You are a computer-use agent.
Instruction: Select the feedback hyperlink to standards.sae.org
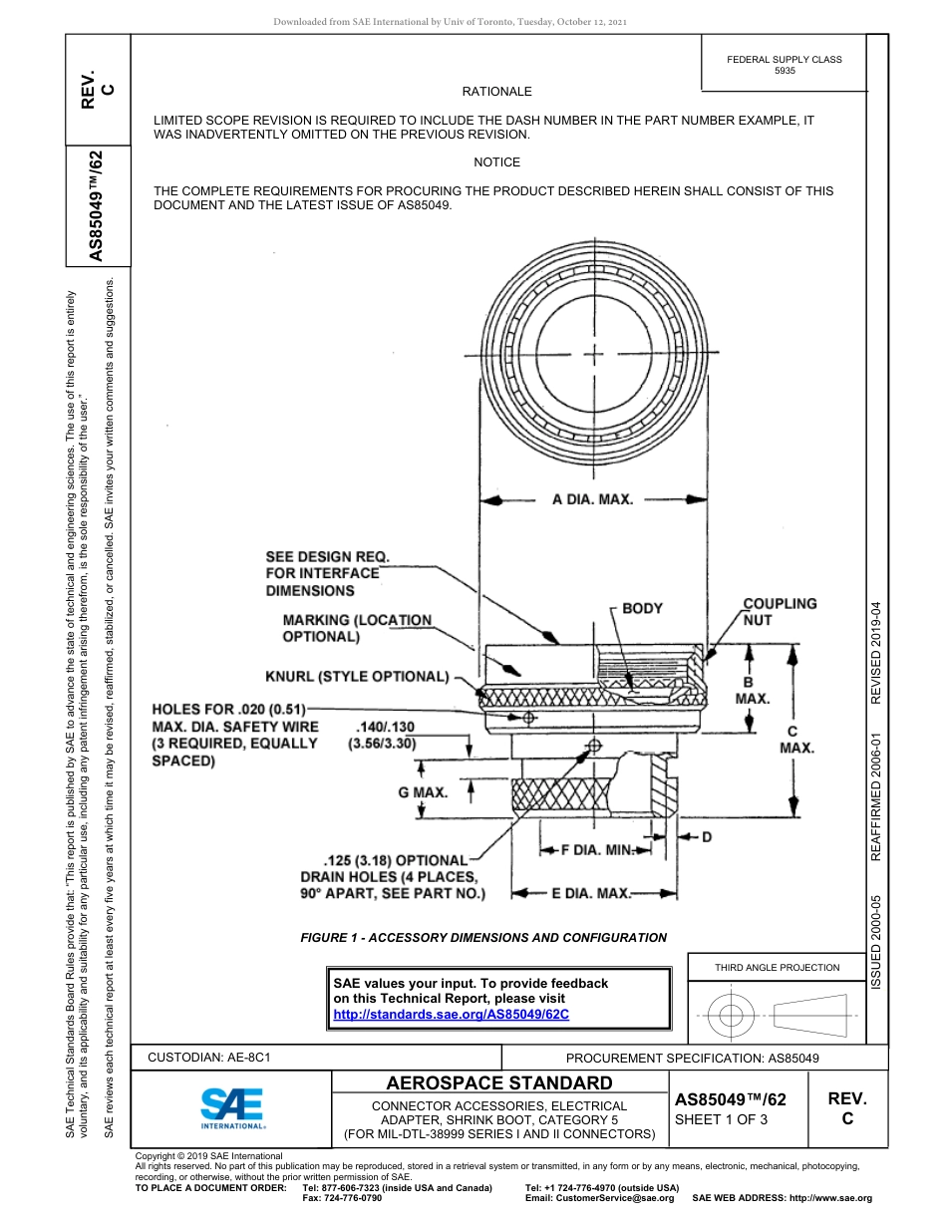(450, 1014)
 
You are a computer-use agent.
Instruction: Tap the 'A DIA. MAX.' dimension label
(592, 499)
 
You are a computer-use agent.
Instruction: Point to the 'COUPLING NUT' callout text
(779, 611)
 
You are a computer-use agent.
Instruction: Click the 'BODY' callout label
(642, 608)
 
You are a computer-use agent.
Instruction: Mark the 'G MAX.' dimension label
(395, 792)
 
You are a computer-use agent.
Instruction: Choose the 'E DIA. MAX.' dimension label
(591, 893)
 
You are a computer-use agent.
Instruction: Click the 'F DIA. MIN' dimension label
(596, 850)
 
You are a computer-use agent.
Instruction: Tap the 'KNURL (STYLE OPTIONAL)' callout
(357, 677)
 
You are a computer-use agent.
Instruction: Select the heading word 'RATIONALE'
(496, 92)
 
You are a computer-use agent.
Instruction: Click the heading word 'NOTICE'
(496, 161)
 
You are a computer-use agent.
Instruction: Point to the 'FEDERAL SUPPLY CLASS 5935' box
(784, 65)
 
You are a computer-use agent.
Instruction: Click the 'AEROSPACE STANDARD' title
(498, 1083)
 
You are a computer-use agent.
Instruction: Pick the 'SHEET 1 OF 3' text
(721, 1119)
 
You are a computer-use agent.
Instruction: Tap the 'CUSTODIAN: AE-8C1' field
(209, 1057)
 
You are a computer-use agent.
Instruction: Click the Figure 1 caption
(483, 937)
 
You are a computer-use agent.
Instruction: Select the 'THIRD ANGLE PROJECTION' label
(777, 967)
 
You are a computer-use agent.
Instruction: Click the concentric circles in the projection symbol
(732, 1016)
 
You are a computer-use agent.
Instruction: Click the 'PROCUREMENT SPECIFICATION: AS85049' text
(692, 1058)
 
